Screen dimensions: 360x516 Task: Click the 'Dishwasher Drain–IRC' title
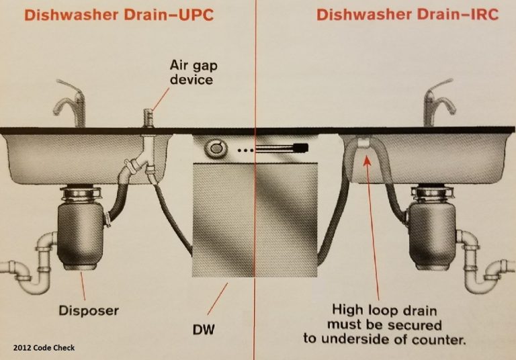(x=408, y=14)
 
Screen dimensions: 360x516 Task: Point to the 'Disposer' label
(x=88, y=310)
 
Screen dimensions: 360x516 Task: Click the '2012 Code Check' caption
(x=43, y=347)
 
